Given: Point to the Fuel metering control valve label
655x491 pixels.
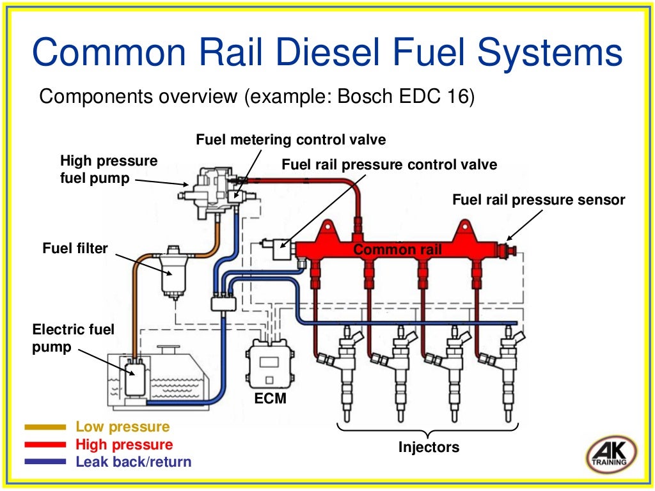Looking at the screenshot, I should click(x=291, y=139).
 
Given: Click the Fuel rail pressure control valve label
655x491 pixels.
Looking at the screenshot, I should click(x=389, y=164).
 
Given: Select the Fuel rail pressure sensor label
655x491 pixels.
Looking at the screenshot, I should click(x=539, y=199).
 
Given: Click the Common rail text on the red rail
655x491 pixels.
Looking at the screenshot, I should click(x=398, y=249).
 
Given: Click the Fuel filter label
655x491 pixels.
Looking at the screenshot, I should click(x=75, y=247).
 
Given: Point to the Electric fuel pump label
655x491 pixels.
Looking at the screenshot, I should click(x=73, y=339).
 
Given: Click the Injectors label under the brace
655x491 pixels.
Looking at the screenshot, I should click(x=429, y=447).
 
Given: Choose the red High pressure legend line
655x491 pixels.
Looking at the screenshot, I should click(x=45, y=444).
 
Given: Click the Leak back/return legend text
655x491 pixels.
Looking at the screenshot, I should click(x=133, y=462).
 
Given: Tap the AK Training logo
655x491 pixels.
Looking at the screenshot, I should click(x=611, y=455).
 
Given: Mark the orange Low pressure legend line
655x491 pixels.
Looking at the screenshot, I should click(x=45, y=427).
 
